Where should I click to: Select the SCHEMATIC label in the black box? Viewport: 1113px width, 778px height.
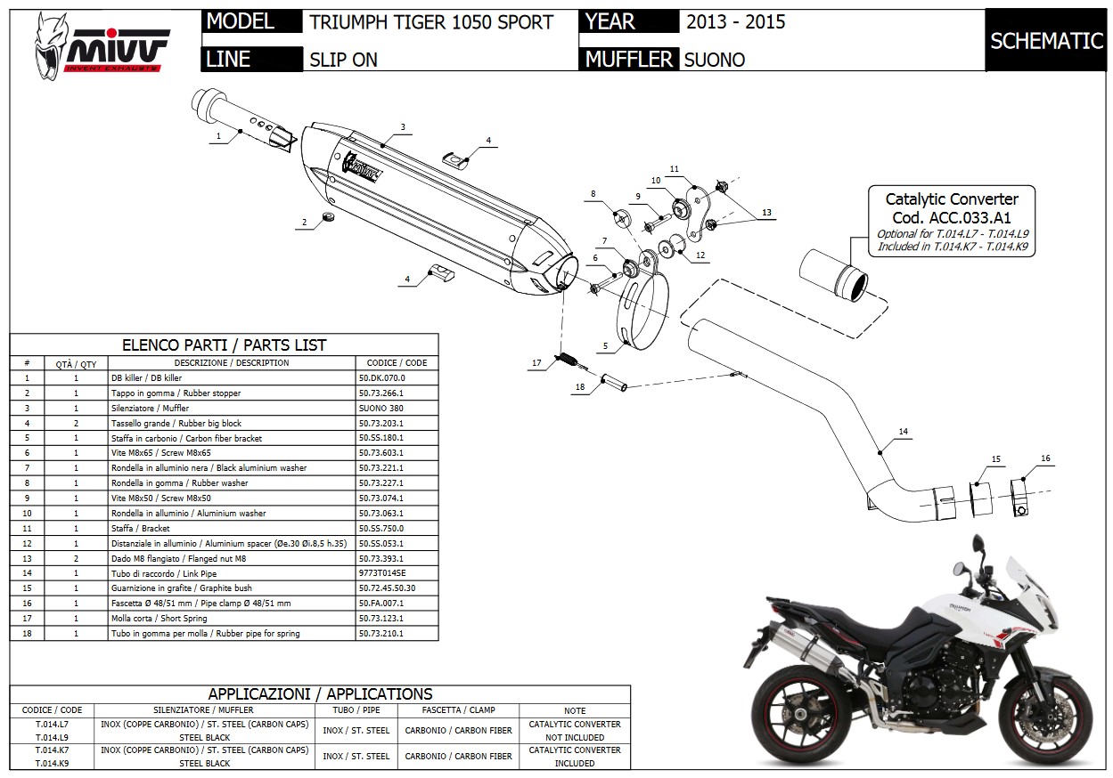[x=1046, y=41]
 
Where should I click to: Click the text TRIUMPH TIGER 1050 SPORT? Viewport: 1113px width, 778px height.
[x=431, y=22]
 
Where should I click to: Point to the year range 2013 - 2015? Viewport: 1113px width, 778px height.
[x=735, y=22]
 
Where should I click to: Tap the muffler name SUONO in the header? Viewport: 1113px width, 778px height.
[x=714, y=60]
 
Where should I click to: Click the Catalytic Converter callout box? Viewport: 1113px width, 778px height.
[x=951, y=222]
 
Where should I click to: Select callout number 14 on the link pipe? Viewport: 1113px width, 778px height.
[x=903, y=432]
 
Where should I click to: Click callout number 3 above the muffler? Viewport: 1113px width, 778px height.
[x=403, y=127]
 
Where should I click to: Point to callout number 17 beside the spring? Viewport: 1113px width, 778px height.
[x=536, y=363]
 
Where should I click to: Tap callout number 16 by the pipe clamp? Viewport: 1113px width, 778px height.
[x=1045, y=458]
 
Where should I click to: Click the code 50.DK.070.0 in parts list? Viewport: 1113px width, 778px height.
[x=381, y=378]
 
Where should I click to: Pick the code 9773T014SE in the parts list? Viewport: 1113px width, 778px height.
[x=382, y=573]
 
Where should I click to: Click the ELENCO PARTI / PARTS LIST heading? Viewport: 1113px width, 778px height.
[x=224, y=344]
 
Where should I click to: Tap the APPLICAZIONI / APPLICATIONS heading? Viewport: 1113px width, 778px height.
[x=320, y=693]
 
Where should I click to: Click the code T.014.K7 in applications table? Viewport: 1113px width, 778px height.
[x=52, y=750]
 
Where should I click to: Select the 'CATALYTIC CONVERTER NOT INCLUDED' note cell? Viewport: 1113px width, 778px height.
[x=574, y=731]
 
